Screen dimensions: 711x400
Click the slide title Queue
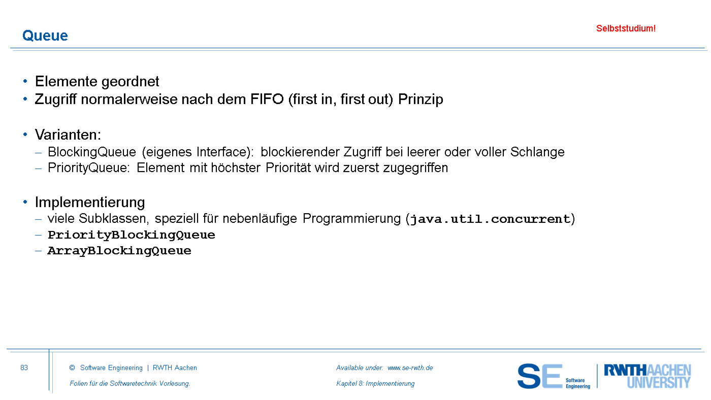[45, 36]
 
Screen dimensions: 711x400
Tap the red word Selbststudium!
[626, 28]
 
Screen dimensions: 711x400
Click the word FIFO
[267, 99]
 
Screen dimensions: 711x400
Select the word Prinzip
[421, 99]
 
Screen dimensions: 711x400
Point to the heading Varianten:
[68, 135]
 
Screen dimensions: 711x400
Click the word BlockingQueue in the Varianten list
[92, 152]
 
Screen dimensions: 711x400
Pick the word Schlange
[537, 152]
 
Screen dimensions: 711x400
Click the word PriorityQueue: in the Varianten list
[89, 168]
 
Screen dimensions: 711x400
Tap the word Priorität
[288, 168]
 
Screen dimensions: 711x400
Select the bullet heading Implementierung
[90, 203]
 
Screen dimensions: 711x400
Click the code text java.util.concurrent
[491, 219]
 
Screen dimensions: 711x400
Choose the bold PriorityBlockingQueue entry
[132, 235]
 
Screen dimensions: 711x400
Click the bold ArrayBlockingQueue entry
[119, 251]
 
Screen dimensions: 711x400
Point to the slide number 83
[24, 368]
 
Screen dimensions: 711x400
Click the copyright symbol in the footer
[72, 368]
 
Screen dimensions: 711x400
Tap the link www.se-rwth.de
[410, 368]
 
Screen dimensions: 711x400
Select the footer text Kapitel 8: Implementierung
[375, 384]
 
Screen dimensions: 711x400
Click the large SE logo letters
[540, 376]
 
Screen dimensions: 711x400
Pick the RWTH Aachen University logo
[648, 376]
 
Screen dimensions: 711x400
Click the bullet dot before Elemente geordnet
[25, 81]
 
